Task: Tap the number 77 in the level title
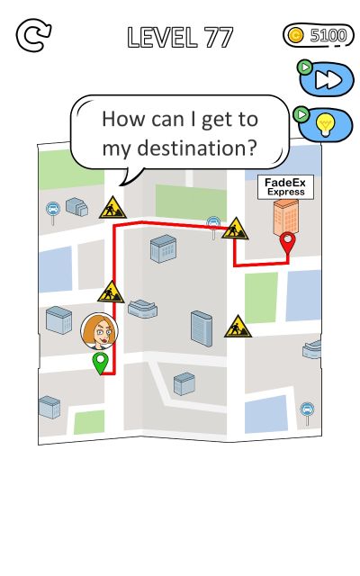pyautogui.click(x=219, y=38)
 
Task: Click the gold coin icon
pyautogui.click(x=296, y=35)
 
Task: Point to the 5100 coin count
pyautogui.click(x=328, y=35)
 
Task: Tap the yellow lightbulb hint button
pyautogui.click(x=326, y=124)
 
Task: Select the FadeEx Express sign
pyautogui.click(x=285, y=187)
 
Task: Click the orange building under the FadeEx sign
pyautogui.click(x=286, y=217)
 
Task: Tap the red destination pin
pyautogui.click(x=287, y=243)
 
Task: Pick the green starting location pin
pyautogui.click(x=100, y=363)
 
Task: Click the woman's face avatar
pyautogui.click(x=99, y=331)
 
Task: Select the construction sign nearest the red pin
pyautogui.click(x=235, y=229)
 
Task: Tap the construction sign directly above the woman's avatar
pyautogui.click(x=111, y=292)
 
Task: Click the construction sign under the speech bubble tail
pyautogui.click(x=112, y=208)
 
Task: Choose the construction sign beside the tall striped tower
pyautogui.click(x=238, y=327)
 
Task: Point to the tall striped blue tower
pyautogui.click(x=202, y=328)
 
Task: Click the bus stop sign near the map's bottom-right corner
pyautogui.click(x=307, y=413)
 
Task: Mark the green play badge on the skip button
pyautogui.click(x=304, y=67)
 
